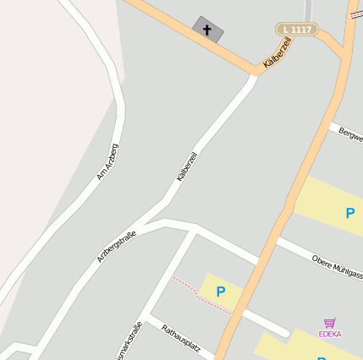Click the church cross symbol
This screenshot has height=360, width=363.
[207, 29]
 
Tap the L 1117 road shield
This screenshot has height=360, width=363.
[297, 30]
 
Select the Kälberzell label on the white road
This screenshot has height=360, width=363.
[187, 166]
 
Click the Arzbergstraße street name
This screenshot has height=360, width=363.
[116, 244]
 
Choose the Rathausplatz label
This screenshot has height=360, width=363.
[180, 338]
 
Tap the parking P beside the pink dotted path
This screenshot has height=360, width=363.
[221, 292]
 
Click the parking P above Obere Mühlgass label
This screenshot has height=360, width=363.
[349, 213]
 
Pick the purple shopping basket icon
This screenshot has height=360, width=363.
[329, 323]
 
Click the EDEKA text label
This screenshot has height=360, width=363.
[329, 334]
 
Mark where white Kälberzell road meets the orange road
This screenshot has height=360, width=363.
[253, 75]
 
